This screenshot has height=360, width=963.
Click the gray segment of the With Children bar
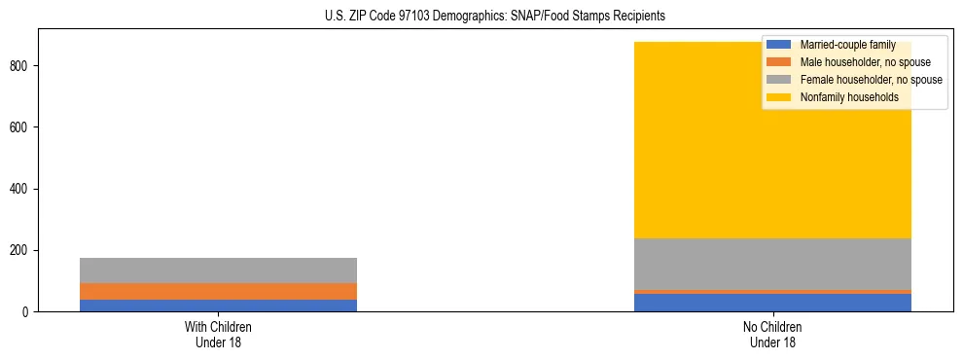(218, 270)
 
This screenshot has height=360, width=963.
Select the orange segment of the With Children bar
(218, 291)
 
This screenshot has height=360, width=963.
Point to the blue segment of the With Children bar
(218, 306)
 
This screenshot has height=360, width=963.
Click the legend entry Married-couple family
(847, 45)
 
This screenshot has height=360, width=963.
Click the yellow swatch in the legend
(779, 97)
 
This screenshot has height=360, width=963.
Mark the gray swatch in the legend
(779, 80)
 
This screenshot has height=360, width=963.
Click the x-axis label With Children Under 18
(218, 334)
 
